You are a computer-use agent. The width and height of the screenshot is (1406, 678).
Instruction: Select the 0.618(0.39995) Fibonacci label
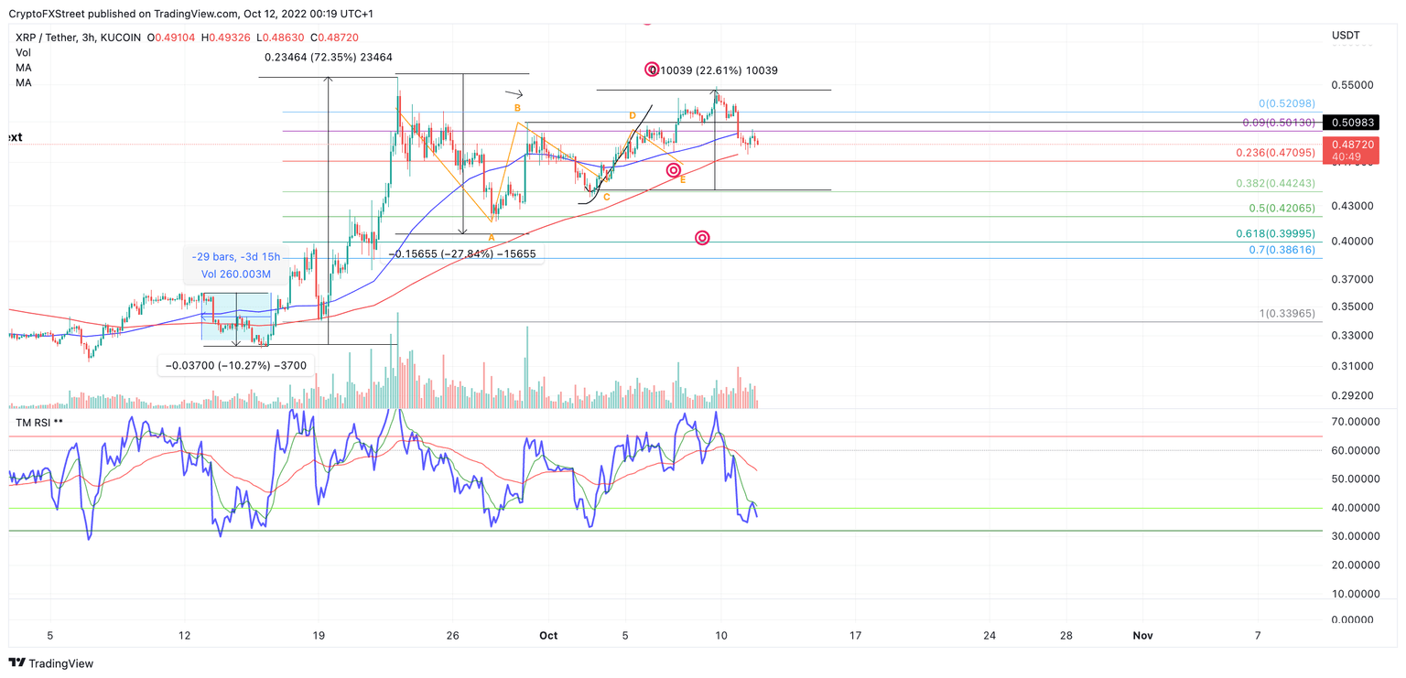(x=1275, y=234)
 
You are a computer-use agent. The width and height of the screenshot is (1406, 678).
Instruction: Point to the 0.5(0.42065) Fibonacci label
(x=1282, y=209)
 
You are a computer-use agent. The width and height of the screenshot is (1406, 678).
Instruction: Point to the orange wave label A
(x=492, y=238)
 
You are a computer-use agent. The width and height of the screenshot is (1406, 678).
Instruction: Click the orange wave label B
(x=517, y=108)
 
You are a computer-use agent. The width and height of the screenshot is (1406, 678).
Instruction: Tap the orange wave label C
(x=607, y=197)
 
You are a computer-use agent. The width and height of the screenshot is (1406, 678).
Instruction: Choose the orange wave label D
(x=632, y=115)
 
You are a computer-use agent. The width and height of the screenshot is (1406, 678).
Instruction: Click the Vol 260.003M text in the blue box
(x=236, y=274)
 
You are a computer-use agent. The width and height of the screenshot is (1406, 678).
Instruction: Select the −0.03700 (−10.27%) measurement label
(x=236, y=366)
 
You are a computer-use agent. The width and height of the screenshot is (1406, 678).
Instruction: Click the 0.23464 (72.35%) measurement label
(x=328, y=58)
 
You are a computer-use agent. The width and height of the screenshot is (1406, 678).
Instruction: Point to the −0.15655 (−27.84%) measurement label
(x=462, y=253)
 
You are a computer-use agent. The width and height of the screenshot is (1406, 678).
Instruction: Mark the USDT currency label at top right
(x=1346, y=36)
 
